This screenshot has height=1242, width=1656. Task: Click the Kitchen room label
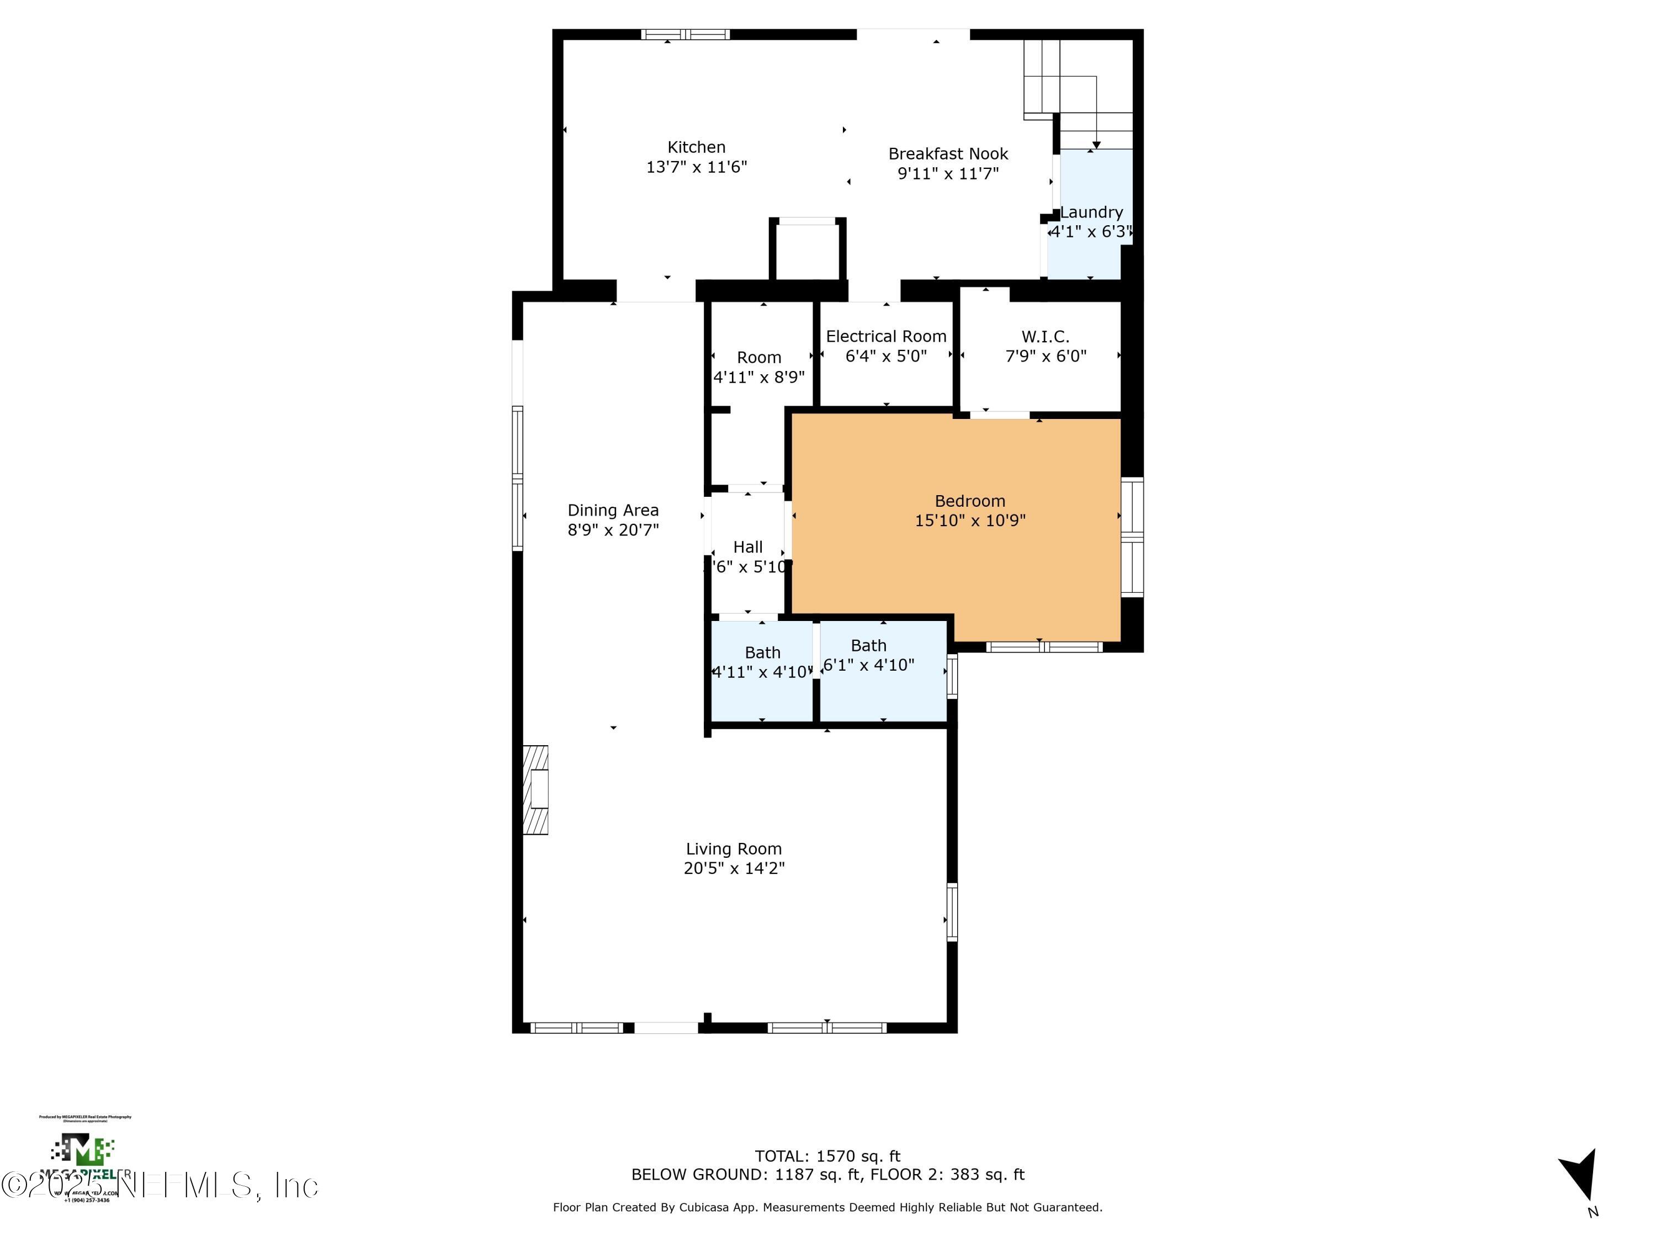[x=696, y=147]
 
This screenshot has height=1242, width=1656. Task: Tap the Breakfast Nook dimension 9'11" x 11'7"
[x=948, y=174]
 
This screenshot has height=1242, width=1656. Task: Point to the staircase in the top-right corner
[x=1078, y=90]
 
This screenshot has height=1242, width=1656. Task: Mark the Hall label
[x=748, y=547]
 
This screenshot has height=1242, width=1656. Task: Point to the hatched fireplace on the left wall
[x=535, y=790]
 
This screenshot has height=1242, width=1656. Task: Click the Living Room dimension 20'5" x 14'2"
[x=734, y=868]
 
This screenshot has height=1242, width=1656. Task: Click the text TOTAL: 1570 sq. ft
[x=827, y=1156]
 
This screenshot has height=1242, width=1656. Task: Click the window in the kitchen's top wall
[x=685, y=34]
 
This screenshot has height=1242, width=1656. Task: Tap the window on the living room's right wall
[x=952, y=912]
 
